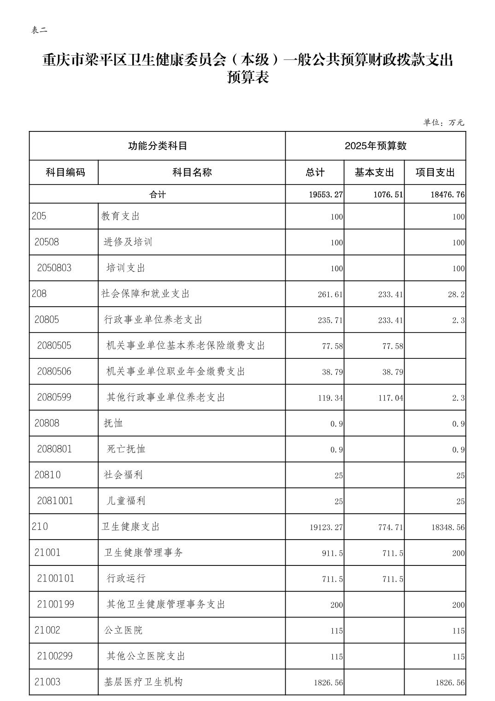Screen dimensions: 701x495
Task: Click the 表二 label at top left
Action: [x=39, y=30]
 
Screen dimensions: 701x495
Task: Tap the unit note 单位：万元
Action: [x=444, y=123]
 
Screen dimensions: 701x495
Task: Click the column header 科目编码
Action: [x=65, y=172]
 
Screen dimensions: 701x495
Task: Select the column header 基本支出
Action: [x=374, y=172]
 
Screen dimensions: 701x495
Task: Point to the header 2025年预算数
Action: [x=376, y=146]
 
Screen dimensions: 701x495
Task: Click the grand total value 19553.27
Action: [x=326, y=195]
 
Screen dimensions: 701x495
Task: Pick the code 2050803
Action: [x=54, y=268]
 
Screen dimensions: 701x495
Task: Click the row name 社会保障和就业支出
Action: [x=146, y=294]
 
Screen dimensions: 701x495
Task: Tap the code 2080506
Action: [x=54, y=371]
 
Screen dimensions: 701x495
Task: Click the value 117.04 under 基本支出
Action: [x=390, y=398]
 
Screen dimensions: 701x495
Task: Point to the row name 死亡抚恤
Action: [x=126, y=449]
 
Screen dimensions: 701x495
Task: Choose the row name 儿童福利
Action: [x=126, y=500]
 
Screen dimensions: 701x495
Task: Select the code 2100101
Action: [x=56, y=578]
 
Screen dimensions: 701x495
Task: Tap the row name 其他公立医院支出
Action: [x=146, y=656]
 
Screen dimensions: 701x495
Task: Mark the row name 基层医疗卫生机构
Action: [x=143, y=682]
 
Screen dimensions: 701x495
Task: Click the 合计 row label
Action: [x=157, y=195]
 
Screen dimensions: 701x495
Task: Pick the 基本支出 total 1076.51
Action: [x=388, y=195]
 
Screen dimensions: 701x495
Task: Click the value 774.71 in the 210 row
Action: [x=390, y=527]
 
